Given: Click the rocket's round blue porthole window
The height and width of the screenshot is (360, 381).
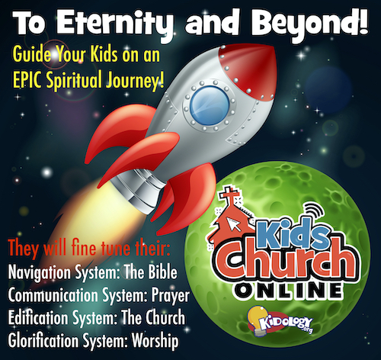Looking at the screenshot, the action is click(210, 105).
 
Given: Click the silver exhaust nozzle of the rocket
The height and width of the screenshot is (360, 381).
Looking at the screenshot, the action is click(139, 189).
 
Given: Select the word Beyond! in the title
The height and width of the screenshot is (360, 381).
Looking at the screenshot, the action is click(310, 24).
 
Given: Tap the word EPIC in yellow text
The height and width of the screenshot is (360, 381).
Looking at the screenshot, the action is click(28, 79).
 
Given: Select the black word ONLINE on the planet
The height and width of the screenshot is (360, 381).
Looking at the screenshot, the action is click(288, 291).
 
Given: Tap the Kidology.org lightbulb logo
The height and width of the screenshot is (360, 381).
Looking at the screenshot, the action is click(279, 321).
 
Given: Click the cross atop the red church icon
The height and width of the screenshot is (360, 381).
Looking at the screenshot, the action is click(229, 194).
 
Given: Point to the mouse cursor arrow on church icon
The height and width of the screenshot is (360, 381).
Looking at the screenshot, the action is click(234, 224).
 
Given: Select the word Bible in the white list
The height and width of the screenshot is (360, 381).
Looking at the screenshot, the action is click(162, 272).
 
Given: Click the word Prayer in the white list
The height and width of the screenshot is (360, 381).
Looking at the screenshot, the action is click(171, 296).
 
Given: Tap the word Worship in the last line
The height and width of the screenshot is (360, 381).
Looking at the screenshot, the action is click(155, 341).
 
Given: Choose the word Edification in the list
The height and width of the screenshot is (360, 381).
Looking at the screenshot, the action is click(38, 317).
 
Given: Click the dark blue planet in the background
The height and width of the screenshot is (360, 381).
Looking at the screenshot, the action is click(328, 89).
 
